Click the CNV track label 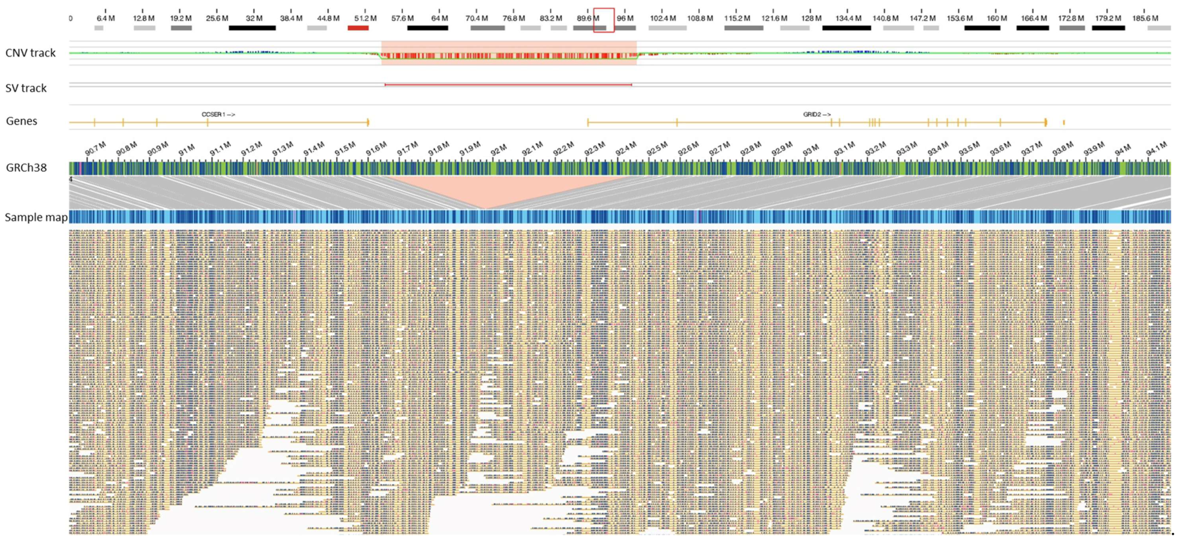point(30,53)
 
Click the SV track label point(26,88)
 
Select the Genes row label point(21,121)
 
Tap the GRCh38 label point(26,168)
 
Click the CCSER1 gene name point(218,114)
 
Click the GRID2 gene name point(817,114)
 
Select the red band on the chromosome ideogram point(358,28)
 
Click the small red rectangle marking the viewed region point(603,20)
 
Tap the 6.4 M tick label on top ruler point(106,18)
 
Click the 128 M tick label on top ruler point(810,18)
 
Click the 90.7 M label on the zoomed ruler point(95,148)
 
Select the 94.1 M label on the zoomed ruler point(1156,148)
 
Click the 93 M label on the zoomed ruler point(810,150)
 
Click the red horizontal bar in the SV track point(508,84)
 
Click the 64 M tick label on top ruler point(439,18)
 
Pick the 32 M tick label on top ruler point(254,18)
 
